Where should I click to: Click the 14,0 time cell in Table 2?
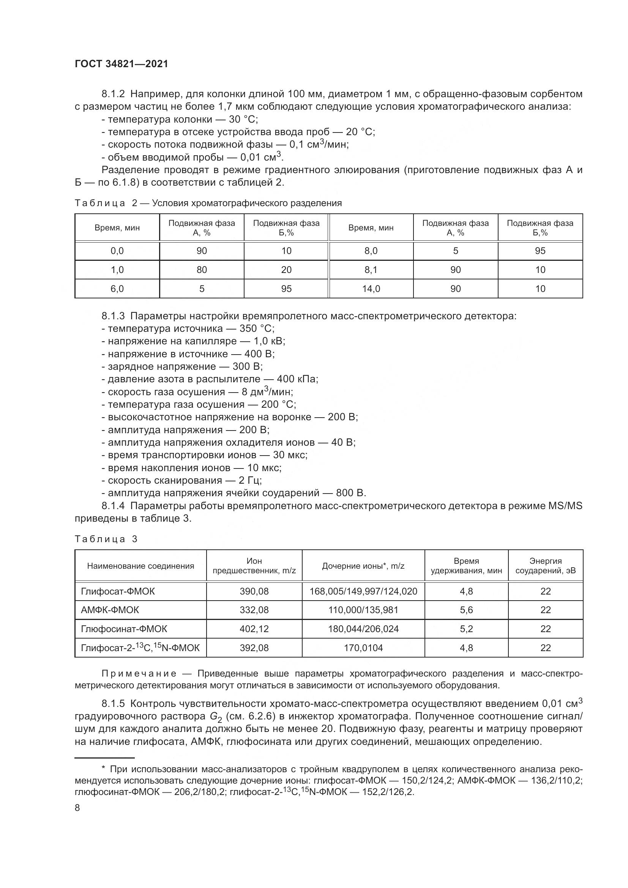[371, 289]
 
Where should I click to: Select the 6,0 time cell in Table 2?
[117, 289]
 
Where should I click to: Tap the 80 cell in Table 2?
[202, 270]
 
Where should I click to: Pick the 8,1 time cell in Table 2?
[371, 270]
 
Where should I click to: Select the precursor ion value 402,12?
[254, 628]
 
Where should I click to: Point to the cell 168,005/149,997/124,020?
[363, 591]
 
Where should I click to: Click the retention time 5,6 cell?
[466, 610]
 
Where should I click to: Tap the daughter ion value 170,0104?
[363, 647]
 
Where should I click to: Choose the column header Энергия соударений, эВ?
[545, 565]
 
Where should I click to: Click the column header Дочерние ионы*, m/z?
[363, 566]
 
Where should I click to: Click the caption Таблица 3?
[106, 539]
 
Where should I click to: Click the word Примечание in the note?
[139, 673]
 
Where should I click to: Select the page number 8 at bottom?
[77, 808]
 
